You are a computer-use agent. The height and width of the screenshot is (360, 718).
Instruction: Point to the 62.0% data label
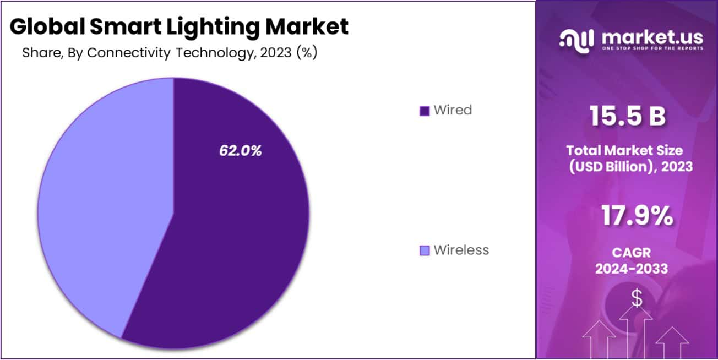point(241,151)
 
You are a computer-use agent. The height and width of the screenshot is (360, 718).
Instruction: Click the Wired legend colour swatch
point(424,111)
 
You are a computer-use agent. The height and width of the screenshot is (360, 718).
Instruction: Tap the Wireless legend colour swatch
point(424,250)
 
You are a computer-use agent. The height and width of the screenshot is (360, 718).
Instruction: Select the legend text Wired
point(453,110)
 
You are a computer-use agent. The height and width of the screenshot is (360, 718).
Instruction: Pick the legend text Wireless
point(461,250)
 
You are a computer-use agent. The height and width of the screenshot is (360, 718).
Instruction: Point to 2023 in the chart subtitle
point(271,53)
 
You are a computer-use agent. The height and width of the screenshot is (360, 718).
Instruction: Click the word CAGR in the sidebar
point(631,253)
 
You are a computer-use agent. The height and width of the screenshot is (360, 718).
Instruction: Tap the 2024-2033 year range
point(632,269)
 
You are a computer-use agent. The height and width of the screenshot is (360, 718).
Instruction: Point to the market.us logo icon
point(576,39)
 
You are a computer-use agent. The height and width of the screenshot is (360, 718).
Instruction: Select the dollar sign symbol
point(637,299)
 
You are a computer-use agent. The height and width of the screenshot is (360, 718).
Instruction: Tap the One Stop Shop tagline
point(652,48)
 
